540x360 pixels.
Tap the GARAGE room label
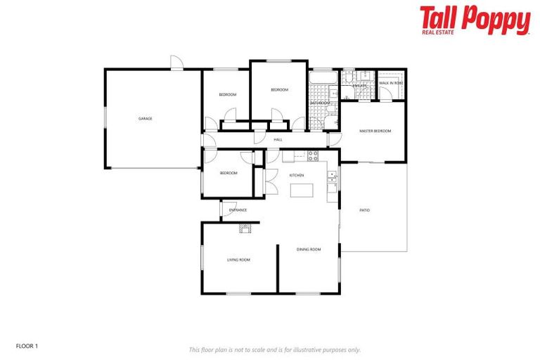pos(146,119)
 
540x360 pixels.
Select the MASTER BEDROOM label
pos(375,131)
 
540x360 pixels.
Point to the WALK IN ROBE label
pos(391,83)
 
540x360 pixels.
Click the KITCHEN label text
pos(296,174)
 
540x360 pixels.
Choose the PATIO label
pos(365,210)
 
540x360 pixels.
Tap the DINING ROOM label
pos(309,250)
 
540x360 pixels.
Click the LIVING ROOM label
pos(238,259)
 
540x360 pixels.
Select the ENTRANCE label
pos(238,210)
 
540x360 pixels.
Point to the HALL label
pos(278,140)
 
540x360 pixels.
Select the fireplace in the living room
pos(245,226)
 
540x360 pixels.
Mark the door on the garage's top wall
pos(176,63)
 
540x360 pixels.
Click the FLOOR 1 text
pos(27,345)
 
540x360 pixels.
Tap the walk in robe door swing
pos(385,94)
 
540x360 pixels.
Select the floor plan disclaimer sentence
pos(275,349)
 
